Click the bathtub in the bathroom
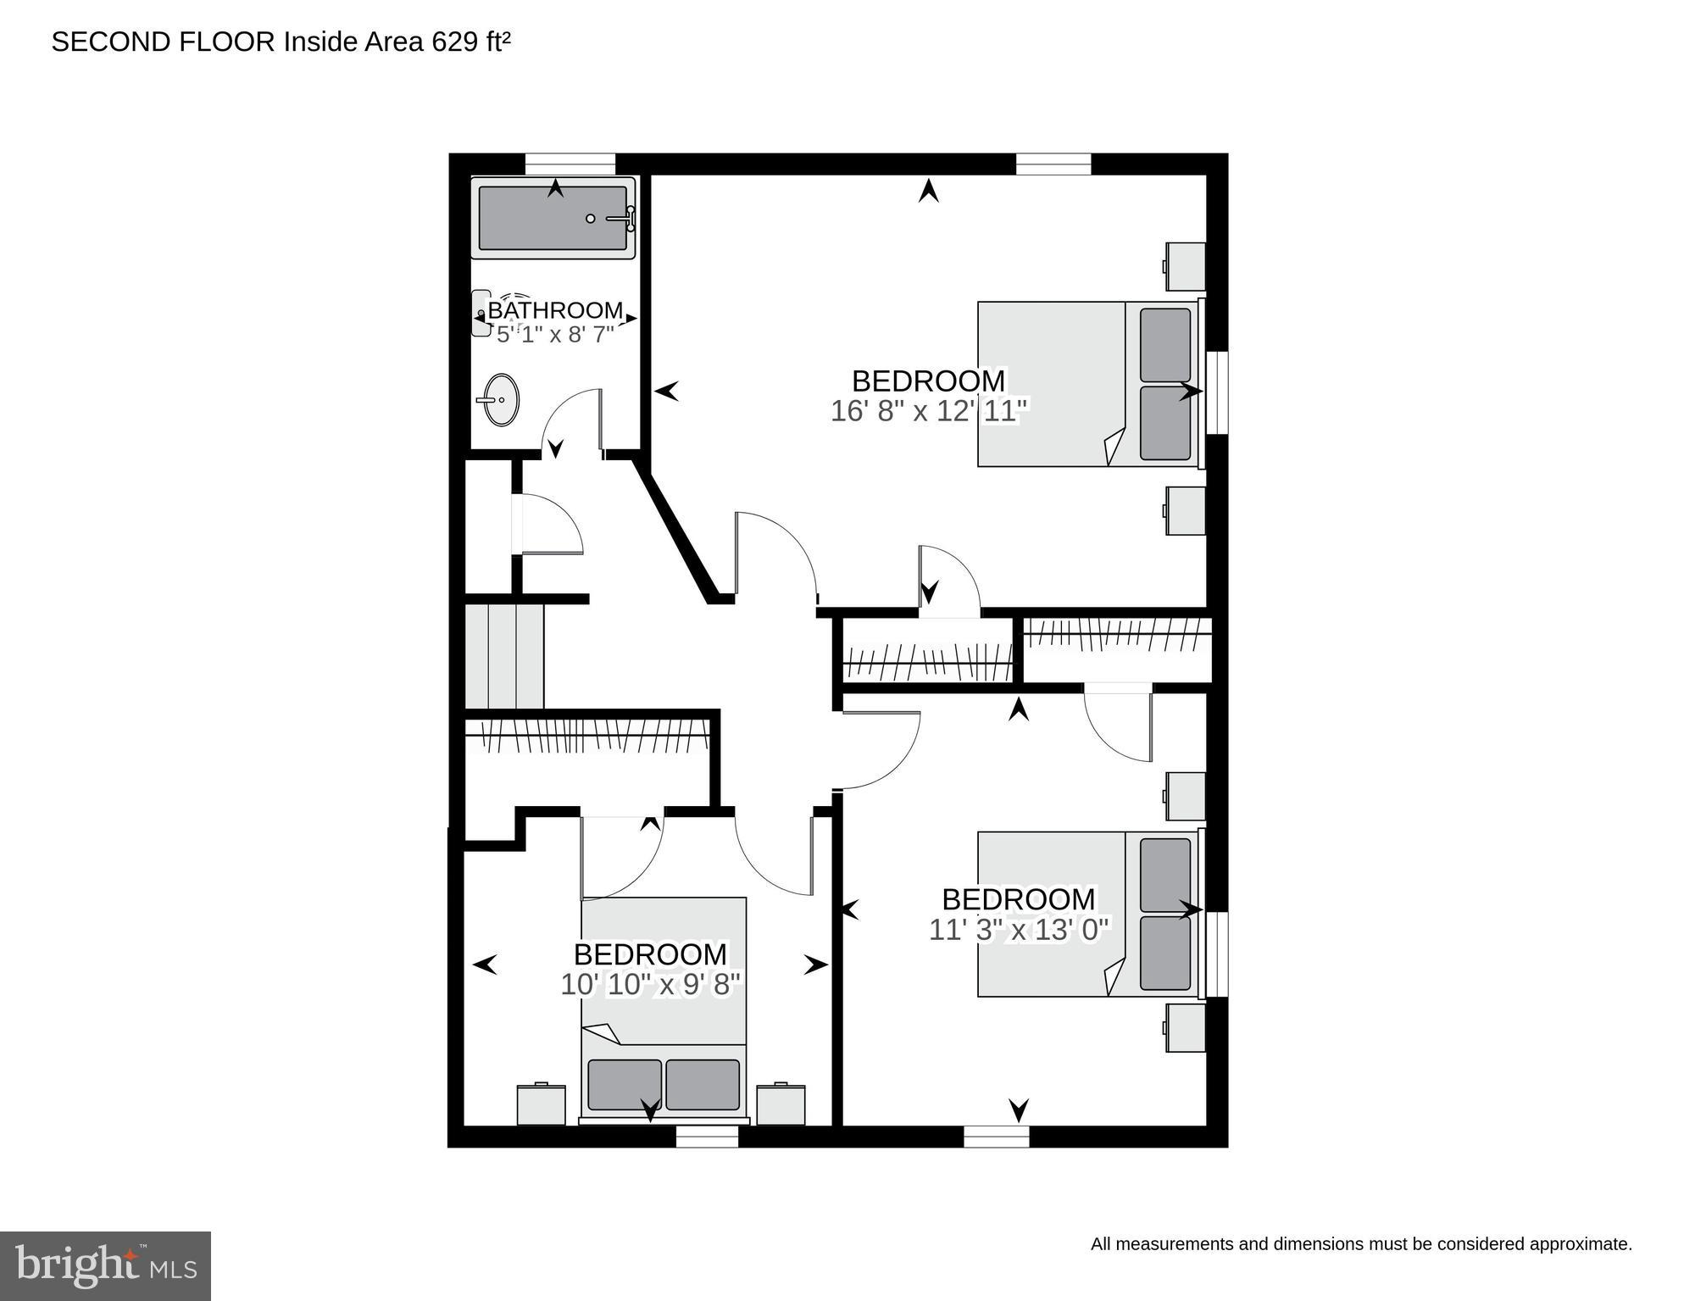(x=553, y=218)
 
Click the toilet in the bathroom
(x=483, y=314)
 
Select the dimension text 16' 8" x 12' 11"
(x=929, y=411)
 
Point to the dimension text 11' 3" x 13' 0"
(x=1019, y=930)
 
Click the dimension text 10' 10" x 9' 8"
(x=650, y=985)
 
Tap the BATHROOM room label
(x=555, y=310)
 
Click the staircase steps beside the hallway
(x=504, y=655)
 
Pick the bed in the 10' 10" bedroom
(x=663, y=1008)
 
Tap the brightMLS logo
(x=105, y=1265)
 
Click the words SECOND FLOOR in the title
(x=163, y=42)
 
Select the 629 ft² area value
(x=471, y=42)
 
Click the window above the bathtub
(x=570, y=164)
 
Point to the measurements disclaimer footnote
(x=1360, y=1244)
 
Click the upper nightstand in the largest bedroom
(x=1185, y=266)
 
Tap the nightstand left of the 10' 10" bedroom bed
(x=541, y=1104)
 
